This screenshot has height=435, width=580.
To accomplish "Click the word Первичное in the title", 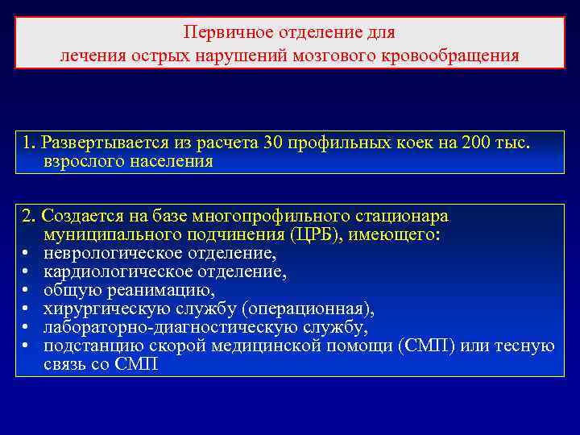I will [222, 33].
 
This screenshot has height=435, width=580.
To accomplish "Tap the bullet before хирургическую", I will [27, 309].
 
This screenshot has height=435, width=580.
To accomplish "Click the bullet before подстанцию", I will [27, 346].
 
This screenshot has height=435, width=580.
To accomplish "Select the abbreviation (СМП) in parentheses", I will [425, 346].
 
